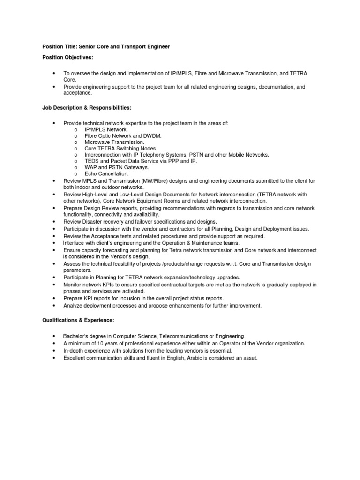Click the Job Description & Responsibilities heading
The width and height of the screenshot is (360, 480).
83,108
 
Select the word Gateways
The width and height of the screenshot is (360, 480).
136,167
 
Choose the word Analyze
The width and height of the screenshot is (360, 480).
74,305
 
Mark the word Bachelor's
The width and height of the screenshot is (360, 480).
76,336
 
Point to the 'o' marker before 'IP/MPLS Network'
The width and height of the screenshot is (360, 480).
75,129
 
